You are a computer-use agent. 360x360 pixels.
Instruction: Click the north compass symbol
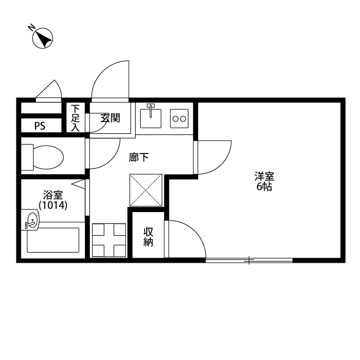[x=43, y=38]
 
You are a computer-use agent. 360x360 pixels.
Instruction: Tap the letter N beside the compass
[x=31, y=28]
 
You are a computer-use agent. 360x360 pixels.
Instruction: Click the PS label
[x=40, y=126]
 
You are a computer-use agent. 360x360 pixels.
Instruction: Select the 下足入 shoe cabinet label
[x=75, y=118]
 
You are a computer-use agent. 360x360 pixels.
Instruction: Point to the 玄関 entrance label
[x=110, y=118]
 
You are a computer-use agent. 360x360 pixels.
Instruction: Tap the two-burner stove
[x=179, y=119]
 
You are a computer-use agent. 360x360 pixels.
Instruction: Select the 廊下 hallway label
[x=138, y=157]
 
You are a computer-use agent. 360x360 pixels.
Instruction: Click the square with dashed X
[x=146, y=190]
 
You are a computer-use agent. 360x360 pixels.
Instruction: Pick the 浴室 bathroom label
[x=53, y=195]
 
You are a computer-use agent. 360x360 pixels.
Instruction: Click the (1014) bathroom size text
[x=53, y=205]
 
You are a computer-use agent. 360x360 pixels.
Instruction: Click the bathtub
[x=53, y=240]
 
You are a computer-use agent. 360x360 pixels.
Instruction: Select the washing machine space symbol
[x=109, y=240]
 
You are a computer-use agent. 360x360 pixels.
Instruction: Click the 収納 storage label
[x=148, y=237]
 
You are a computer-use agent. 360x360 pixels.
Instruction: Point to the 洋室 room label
[x=264, y=177]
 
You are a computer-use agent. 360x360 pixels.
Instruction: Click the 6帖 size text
[x=264, y=187]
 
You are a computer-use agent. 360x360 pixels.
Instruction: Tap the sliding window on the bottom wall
[x=249, y=260]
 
